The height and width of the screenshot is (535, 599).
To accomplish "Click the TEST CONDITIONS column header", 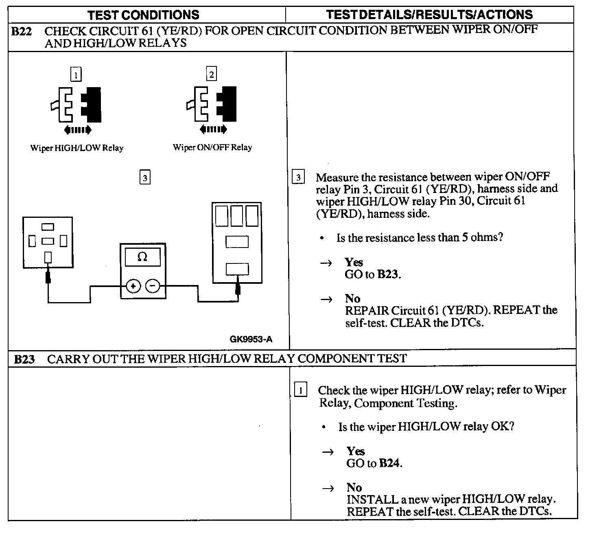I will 143,15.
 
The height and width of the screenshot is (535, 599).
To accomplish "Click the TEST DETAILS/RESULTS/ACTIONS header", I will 429,15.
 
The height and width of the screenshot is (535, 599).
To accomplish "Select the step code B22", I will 21,31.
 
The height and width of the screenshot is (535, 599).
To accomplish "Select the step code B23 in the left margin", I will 24,359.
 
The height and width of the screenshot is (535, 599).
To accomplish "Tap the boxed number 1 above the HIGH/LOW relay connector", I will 76,75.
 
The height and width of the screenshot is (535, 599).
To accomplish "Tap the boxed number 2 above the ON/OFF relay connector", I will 211,74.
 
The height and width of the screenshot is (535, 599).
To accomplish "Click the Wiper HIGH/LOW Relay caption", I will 77,148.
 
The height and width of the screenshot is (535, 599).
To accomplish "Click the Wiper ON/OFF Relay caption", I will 212,147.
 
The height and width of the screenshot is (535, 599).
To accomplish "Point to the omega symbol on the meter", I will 142,257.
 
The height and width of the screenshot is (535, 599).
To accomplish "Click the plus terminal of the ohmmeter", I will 133,286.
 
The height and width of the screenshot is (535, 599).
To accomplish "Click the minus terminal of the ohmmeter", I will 153,286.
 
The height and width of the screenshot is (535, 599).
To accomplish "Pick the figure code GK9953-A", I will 251,339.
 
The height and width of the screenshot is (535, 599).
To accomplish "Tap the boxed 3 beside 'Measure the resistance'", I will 298,178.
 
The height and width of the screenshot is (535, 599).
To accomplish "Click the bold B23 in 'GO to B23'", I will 388,274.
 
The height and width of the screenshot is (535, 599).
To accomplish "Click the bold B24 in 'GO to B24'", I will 389,463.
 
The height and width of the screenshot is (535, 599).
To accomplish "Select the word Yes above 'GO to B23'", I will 354,262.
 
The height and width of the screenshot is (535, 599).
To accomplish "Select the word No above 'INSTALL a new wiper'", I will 354,487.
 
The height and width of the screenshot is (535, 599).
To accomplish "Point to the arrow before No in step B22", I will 326,300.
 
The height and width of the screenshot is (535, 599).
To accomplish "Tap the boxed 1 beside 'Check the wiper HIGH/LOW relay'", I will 300,390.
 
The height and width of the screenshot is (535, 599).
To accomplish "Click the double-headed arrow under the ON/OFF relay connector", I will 213,129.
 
